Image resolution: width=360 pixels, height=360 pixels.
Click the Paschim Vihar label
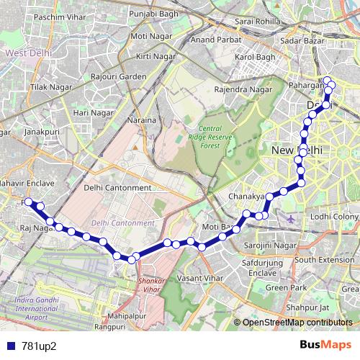click(x=50, y=16)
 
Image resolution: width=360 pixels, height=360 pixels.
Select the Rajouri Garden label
click(x=118, y=76)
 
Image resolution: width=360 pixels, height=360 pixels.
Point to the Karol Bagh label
click(x=255, y=56)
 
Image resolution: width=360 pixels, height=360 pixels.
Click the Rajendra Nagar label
click(x=243, y=90)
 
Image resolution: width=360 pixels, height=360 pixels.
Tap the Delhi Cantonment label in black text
click(x=117, y=188)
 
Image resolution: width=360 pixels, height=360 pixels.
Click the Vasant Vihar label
click(x=199, y=277)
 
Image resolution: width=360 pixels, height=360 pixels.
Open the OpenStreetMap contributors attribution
click(x=298, y=323)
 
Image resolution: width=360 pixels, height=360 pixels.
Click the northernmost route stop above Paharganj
click(x=327, y=81)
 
